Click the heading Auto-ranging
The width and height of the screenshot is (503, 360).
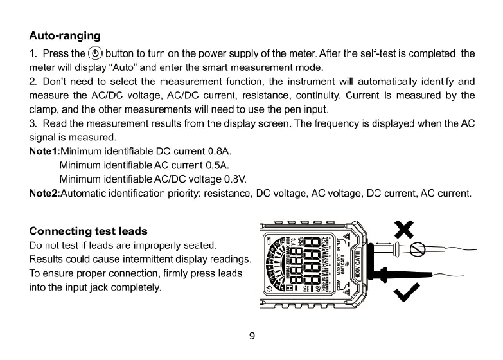point(65,35)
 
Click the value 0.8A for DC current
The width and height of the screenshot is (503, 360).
point(220,152)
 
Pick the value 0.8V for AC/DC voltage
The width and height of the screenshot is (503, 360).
point(235,179)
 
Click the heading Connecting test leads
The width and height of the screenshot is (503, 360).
point(89,231)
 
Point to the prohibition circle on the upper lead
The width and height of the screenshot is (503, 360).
point(418,249)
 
